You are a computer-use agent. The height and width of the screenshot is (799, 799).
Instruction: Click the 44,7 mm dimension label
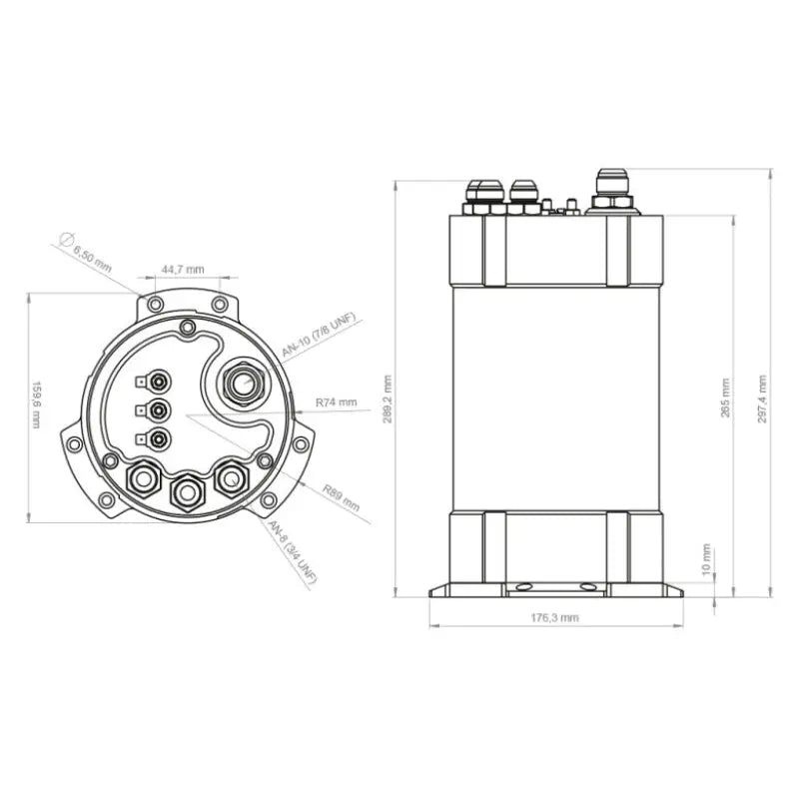click(183, 270)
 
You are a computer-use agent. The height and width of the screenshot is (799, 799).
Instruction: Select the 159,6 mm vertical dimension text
click(37, 403)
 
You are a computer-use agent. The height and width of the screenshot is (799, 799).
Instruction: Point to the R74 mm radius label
click(336, 401)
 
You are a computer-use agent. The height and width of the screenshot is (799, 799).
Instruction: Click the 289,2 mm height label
click(388, 399)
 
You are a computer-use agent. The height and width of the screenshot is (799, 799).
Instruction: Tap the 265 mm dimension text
click(725, 398)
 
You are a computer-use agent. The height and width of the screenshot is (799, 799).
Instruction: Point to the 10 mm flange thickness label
click(706, 560)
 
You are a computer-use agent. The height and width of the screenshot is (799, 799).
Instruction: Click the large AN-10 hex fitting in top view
click(242, 383)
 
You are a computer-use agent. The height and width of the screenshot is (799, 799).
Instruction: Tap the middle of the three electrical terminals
click(157, 408)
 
